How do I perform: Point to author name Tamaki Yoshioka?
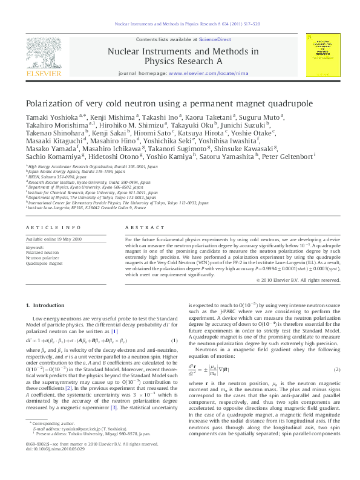point(50,116)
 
